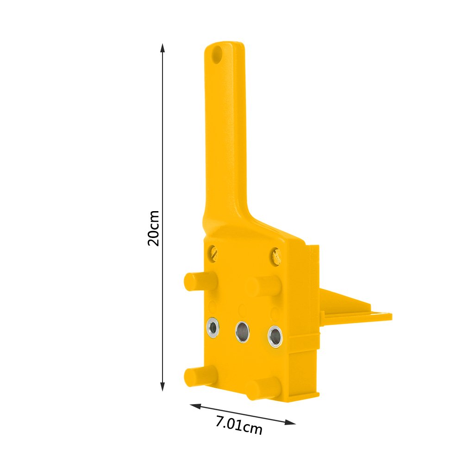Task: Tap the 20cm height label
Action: click(x=153, y=228)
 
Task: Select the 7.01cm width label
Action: click(x=239, y=425)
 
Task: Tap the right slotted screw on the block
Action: click(x=276, y=256)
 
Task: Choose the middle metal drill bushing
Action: click(x=242, y=331)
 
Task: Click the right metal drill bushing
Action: click(x=275, y=336)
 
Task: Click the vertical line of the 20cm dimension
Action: click(x=163, y=139)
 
